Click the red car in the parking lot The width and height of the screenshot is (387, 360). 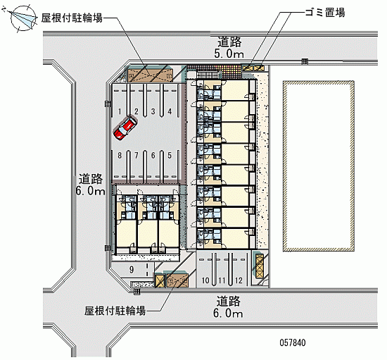125,128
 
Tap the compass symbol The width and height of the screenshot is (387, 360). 23,18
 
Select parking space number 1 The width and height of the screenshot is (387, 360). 120,112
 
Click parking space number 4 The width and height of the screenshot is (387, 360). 170,111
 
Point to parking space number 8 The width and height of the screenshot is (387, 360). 120,156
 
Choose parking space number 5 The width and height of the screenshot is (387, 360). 170,156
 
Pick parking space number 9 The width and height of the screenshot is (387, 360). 132,270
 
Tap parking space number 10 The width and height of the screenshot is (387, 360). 205,280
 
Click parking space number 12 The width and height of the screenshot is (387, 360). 239,280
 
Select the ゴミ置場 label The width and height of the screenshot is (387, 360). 325,12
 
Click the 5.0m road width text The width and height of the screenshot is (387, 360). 229,54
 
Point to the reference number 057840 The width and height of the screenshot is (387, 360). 293,342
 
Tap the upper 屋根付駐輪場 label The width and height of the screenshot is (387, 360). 72,18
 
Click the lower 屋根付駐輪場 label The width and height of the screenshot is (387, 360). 115,311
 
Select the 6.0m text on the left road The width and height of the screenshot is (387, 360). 90,191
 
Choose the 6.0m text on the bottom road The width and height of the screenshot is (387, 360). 228,314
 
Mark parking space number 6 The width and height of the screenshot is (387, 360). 153,156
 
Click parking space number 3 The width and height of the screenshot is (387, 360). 153,111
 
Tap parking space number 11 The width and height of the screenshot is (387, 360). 222,280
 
